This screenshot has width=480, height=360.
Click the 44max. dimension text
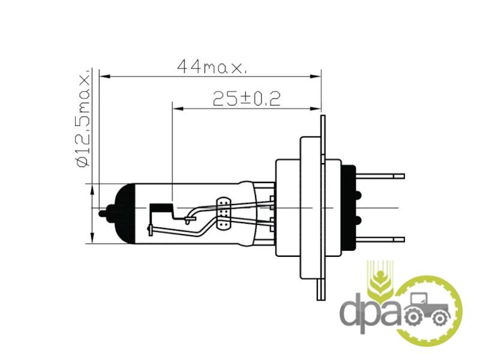[212, 67]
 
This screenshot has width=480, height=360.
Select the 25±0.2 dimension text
[247, 98]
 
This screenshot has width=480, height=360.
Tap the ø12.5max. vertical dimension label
[83, 120]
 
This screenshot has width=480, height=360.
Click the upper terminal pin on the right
[380, 176]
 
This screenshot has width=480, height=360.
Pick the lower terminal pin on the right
[380, 239]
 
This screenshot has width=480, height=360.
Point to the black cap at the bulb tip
[124, 214]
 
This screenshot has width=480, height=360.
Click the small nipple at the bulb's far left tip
[103, 213]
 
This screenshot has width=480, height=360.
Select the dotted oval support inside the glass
[224, 214]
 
